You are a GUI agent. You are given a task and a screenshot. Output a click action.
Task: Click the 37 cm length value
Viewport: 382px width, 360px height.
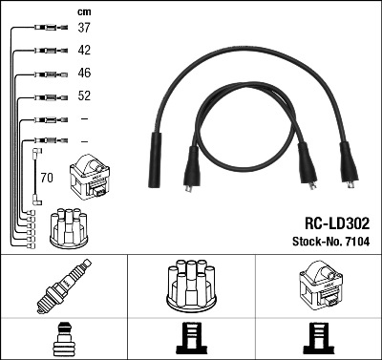[x=84, y=28]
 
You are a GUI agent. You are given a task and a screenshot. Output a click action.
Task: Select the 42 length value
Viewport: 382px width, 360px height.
[x=84, y=51]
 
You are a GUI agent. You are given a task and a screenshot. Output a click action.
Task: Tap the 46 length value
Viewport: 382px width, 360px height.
[x=84, y=74]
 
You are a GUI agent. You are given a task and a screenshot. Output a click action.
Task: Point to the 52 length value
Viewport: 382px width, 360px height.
[x=84, y=96]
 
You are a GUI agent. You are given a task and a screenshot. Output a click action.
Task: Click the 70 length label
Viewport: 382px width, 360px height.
[x=47, y=177]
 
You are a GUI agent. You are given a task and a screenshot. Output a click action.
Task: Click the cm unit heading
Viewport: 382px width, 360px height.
[x=83, y=11]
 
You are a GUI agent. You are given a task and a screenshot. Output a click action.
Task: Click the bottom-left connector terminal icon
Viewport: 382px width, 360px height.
[x=63, y=340]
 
